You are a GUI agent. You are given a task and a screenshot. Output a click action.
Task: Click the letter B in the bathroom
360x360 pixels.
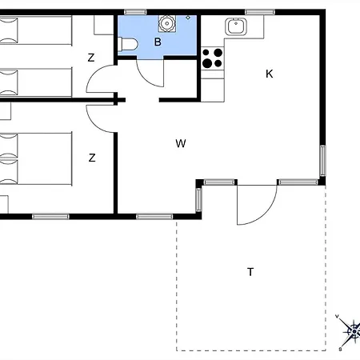[x=158, y=41]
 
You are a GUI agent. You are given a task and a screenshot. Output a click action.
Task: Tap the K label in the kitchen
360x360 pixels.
[x=270, y=74]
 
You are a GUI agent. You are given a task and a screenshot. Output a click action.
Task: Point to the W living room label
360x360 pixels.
[x=181, y=144]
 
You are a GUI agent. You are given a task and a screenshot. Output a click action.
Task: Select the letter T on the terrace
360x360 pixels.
[x=250, y=272]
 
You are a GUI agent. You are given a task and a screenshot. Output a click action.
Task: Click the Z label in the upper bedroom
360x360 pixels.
[x=91, y=58]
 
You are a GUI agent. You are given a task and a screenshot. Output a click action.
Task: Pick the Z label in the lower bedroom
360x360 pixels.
[x=92, y=158]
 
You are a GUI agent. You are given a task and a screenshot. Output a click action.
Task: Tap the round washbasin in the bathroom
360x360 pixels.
[x=169, y=25]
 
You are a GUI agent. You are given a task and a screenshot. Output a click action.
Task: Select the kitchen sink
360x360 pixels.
[x=235, y=26]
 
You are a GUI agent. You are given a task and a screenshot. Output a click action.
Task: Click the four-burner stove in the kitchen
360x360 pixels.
[x=213, y=58]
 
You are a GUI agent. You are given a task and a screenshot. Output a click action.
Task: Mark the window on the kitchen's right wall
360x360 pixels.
[x=322, y=160]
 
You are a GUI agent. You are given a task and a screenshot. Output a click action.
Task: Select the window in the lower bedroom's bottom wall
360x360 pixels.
[x=50, y=216]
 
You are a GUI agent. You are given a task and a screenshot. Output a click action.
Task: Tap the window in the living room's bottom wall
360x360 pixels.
[x=154, y=216]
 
